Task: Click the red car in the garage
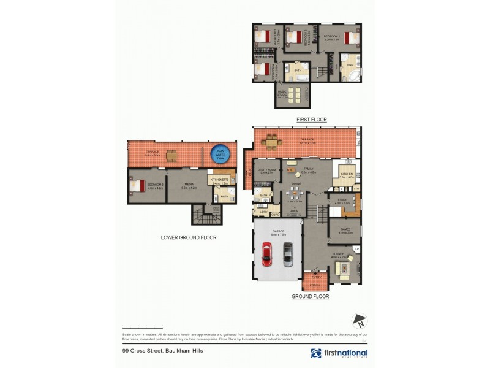click(x=266, y=253)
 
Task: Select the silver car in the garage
click(x=288, y=253)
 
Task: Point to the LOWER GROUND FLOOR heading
click(x=189, y=237)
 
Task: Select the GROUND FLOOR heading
click(x=310, y=296)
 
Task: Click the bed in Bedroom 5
click(x=139, y=185)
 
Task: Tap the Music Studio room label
click(x=282, y=95)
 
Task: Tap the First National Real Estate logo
click(x=339, y=353)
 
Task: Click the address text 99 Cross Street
click(x=162, y=351)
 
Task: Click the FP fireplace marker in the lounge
click(x=356, y=248)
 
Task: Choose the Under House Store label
click(x=217, y=210)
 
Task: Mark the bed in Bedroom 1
click(x=351, y=37)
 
